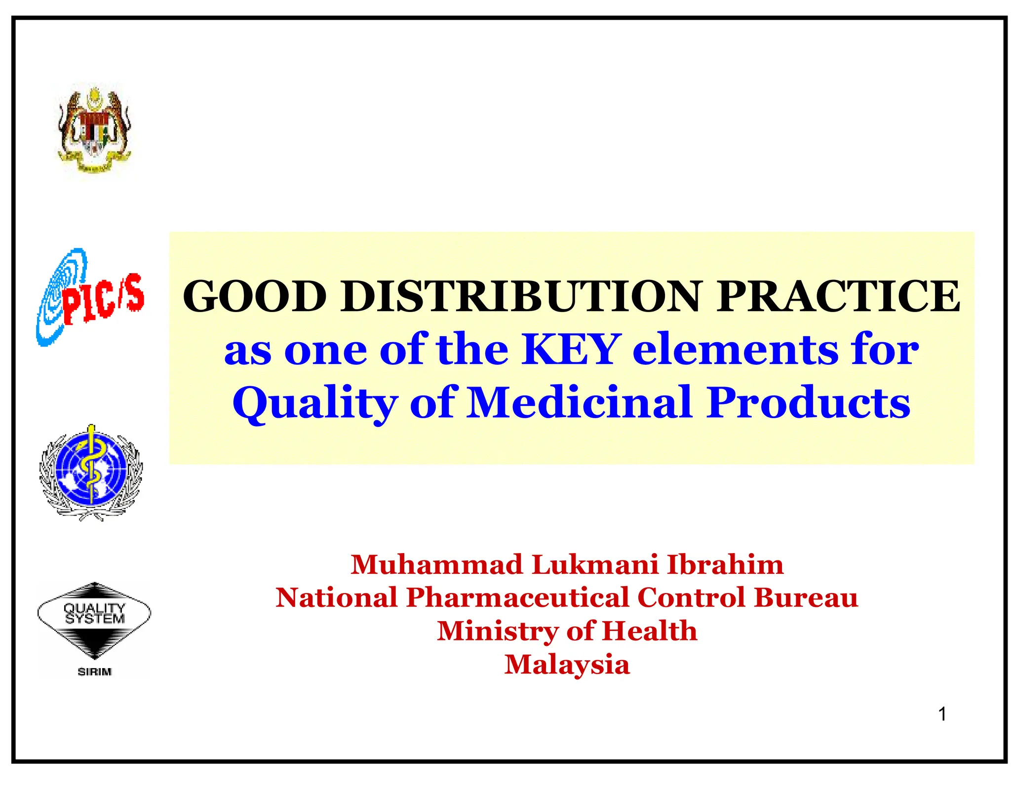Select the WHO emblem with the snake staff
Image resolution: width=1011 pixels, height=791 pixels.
tap(91, 472)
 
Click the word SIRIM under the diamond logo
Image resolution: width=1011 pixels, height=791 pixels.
tap(95, 672)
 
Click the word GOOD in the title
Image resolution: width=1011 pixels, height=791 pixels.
tap(254, 296)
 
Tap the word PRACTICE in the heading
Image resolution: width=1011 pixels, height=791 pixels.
tap(838, 296)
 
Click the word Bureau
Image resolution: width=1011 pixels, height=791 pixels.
tap(806, 597)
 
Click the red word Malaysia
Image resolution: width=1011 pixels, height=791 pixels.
tap(567, 664)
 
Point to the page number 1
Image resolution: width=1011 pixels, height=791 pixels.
tap(942, 714)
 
